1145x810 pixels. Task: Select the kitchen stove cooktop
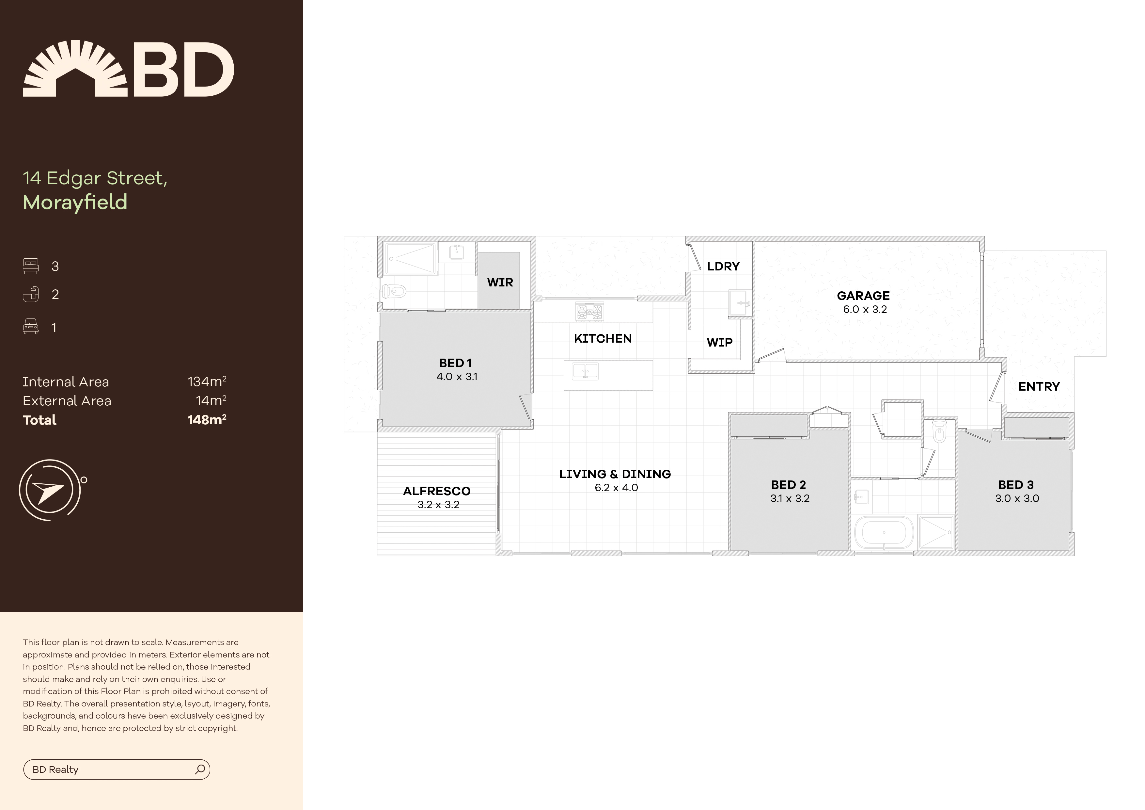click(x=589, y=312)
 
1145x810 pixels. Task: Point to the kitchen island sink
click(x=585, y=371)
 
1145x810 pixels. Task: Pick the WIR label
click(x=500, y=283)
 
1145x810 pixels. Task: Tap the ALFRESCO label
click(x=436, y=491)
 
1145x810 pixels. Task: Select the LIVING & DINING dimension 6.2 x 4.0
click(x=616, y=488)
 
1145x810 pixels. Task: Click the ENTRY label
click(x=1039, y=386)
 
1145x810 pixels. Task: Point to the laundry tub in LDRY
click(x=740, y=303)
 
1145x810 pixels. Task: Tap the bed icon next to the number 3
click(x=30, y=266)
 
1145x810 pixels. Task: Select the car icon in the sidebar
click(x=30, y=327)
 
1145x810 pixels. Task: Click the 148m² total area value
click(x=207, y=420)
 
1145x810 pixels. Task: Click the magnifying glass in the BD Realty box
click(x=200, y=769)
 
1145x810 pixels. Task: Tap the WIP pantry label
click(x=719, y=342)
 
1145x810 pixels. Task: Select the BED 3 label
click(x=1015, y=485)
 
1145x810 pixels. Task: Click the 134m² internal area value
click(x=207, y=382)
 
